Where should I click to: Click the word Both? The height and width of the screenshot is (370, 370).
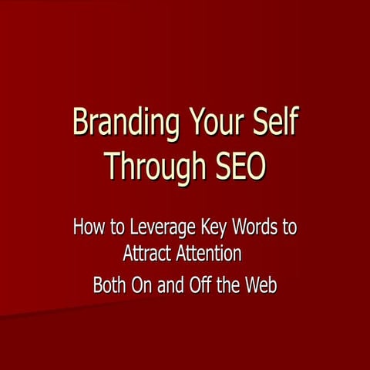(110, 284)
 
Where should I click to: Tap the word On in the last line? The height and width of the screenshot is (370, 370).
(143, 284)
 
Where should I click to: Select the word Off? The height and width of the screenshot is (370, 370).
(198, 284)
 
